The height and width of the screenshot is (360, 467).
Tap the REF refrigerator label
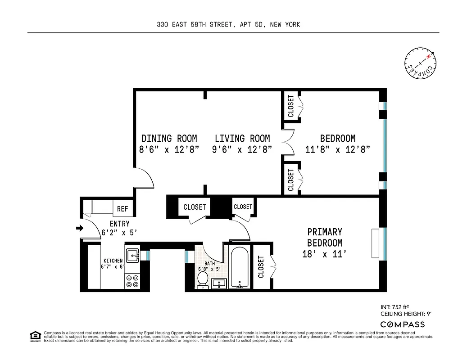click(122, 209)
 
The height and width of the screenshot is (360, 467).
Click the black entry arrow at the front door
click(80, 229)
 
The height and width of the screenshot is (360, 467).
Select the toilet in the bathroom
click(203, 279)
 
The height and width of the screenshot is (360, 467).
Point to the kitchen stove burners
click(132, 281)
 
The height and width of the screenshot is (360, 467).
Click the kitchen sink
click(132, 256)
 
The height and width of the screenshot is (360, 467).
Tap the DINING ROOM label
click(169, 139)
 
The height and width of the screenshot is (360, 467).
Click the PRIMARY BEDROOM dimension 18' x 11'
click(325, 254)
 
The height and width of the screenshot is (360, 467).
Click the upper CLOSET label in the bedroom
click(290, 106)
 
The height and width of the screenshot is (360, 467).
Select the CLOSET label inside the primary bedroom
click(261, 267)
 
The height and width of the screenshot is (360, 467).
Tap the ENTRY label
click(119, 224)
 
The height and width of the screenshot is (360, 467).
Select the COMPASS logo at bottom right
click(402, 324)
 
